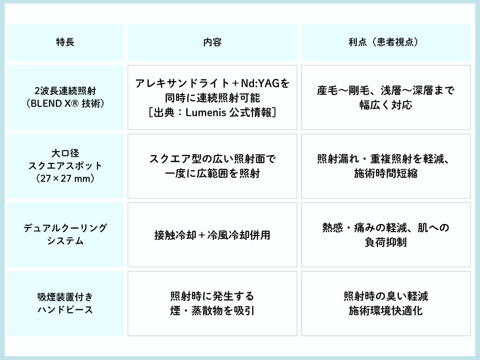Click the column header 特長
(x=65, y=42)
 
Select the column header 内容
(x=212, y=42)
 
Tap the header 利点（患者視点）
(x=385, y=42)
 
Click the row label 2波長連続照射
(x=65, y=90)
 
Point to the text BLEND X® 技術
(x=65, y=104)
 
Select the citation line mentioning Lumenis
(x=212, y=112)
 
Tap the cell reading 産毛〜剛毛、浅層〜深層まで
(x=385, y=90)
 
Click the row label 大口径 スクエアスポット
(x=65, y=159)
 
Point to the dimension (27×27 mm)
(x=65, y=179)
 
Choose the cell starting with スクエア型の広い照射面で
(x=212, y=159)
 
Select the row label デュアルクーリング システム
(x=65, y=234)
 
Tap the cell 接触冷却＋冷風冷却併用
(x=212, y=235)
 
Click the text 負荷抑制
(x=385, y=242)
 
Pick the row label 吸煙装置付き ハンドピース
(x=65, y=303)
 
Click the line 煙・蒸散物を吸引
(x=212, y=311)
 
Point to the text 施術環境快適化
(x=385, y=311)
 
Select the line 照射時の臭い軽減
(x=385, y=296)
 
